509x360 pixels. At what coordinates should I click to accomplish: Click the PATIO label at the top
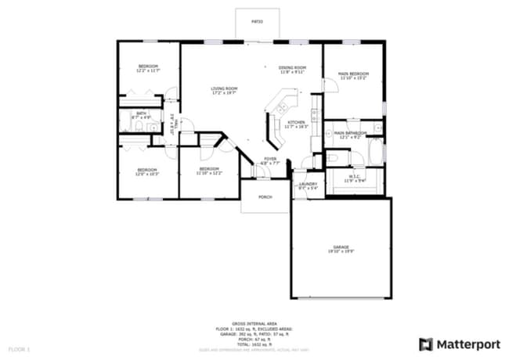point(257,21)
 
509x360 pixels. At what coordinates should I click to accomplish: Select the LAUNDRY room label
point(308,185)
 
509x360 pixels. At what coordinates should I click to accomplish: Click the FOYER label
point(270,160)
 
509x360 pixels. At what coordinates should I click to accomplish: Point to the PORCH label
point(265,196)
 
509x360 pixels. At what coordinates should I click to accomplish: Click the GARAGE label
point(340,248)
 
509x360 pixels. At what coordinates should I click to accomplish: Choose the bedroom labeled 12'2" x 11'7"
point(149,68)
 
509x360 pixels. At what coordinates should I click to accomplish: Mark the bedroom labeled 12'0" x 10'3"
point(147,171)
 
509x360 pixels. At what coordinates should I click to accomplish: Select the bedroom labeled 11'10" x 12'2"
point(208,171)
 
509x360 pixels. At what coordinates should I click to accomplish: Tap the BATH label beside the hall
point(141,115)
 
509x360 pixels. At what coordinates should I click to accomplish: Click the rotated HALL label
point(174,124)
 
